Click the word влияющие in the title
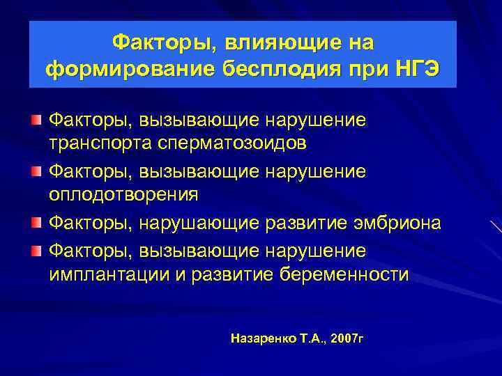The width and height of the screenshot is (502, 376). [x=266, y=43]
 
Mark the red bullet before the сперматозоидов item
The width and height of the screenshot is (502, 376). [x=36, y=120]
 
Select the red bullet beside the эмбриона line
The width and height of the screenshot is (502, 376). [x=36, y=224]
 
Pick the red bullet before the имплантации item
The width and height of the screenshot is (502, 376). [x=36, y=250]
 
